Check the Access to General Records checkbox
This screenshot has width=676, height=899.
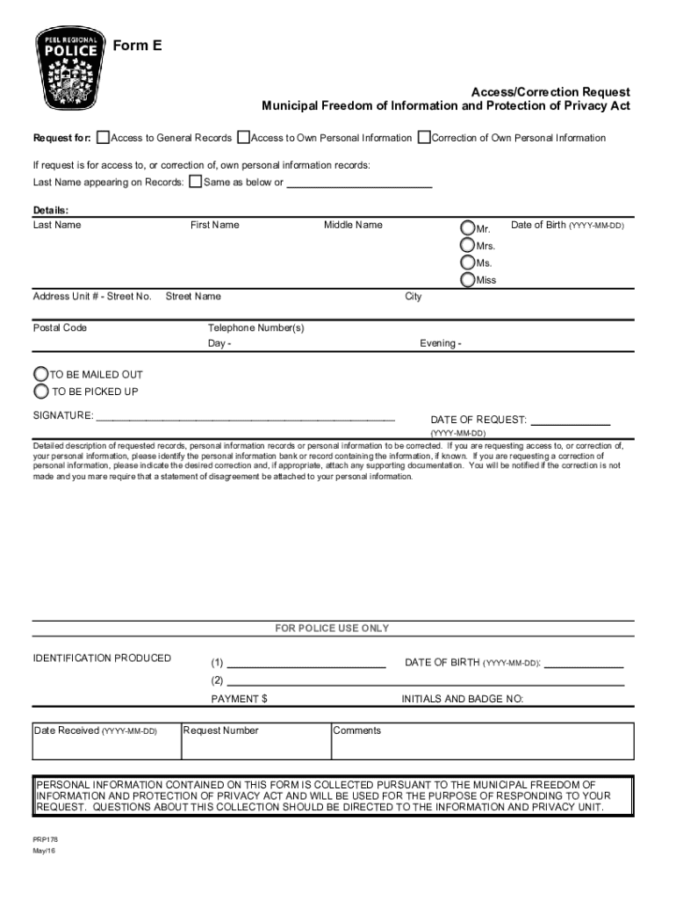pos(104,137)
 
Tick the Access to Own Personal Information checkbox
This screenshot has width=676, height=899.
pos(244,137)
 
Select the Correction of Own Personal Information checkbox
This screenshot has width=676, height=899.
pos(424,137)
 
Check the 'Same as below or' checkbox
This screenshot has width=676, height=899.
pos(196,182)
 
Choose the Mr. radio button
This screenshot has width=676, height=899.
pos(467,227)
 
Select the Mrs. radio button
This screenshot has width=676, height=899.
pos(467,245)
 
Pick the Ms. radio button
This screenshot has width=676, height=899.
pos(467,263)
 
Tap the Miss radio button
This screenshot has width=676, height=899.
pos(467,280)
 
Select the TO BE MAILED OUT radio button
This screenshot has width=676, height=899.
pos(40,374)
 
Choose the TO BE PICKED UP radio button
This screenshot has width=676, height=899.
pos(40,391)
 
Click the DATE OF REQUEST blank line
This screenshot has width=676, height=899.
pos(571,421)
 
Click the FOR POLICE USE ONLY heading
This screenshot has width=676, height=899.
pos(332,629)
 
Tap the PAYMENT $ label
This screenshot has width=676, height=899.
pos(239,699)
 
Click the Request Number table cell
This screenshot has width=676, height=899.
pos(255,740)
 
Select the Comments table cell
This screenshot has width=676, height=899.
pos(482,740)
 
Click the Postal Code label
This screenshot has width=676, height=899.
pos(60,327)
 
